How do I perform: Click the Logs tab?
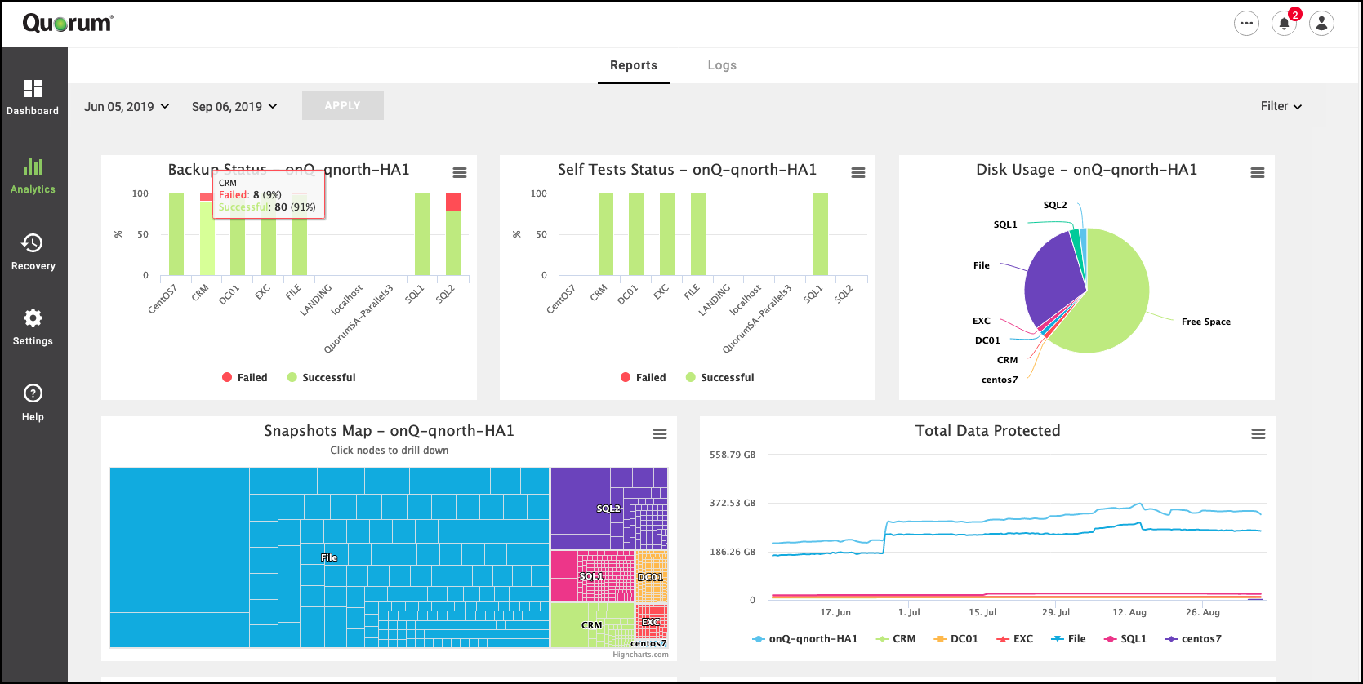click(722, 65)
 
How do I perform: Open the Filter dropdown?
click(1281, 106)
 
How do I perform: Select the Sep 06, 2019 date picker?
click(234, 107)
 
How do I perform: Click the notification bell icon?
click(1284, 24)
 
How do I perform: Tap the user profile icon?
click(1321, 24)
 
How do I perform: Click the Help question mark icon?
click(33, 393)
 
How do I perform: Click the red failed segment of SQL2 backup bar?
click(453, 202)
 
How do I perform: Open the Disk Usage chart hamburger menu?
click(1258, 173)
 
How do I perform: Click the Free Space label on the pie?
click(1205, 322)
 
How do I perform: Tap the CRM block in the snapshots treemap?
click(591, 625)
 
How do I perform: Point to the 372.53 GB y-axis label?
click(733, 503)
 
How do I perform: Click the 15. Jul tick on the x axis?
click(982, 612)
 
